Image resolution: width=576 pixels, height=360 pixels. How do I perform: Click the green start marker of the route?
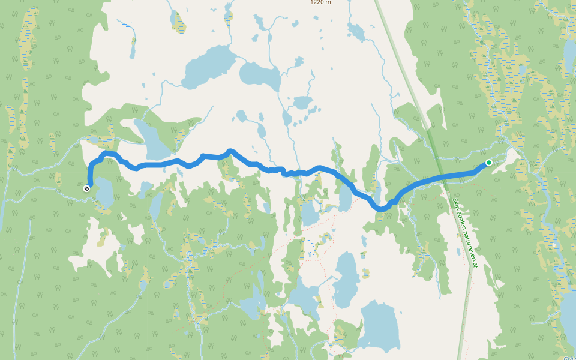(x=489, y=163)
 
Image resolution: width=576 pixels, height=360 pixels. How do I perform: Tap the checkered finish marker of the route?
(x=87, y=188)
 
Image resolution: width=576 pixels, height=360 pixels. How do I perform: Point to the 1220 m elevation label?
(x=320, y=2)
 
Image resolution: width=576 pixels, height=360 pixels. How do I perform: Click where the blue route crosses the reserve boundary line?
(x=442, y=176)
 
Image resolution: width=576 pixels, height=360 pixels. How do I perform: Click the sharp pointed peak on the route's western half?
(x=230, y=151)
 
